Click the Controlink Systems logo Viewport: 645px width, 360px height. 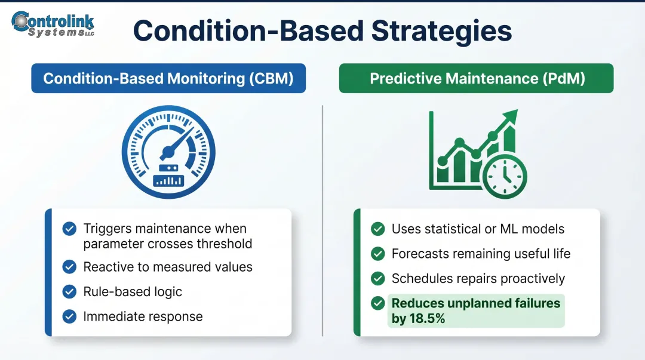coord(53,24)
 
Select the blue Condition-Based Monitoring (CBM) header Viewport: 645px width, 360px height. coord(168,79)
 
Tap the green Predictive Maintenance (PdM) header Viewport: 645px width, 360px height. coord(476,79)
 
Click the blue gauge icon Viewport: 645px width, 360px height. coord(168,152)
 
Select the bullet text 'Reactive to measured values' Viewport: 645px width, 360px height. coord(168,267)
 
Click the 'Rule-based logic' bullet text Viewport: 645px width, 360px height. coord(133,292)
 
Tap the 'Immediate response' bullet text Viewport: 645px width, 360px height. coord(143,316)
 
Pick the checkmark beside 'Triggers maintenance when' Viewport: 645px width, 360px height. coord(70,229)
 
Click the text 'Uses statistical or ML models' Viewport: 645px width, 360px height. coord(478,229)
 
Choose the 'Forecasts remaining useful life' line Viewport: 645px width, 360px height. coord(481,254)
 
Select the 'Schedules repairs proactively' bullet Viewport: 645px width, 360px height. coord(478,278)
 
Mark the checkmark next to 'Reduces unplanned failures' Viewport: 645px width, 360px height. coord(377,303)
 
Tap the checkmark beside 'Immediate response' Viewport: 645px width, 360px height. coord(70,316)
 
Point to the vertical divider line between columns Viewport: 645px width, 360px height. coord(322,221)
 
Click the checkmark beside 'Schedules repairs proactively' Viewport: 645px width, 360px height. coord(377,278)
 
